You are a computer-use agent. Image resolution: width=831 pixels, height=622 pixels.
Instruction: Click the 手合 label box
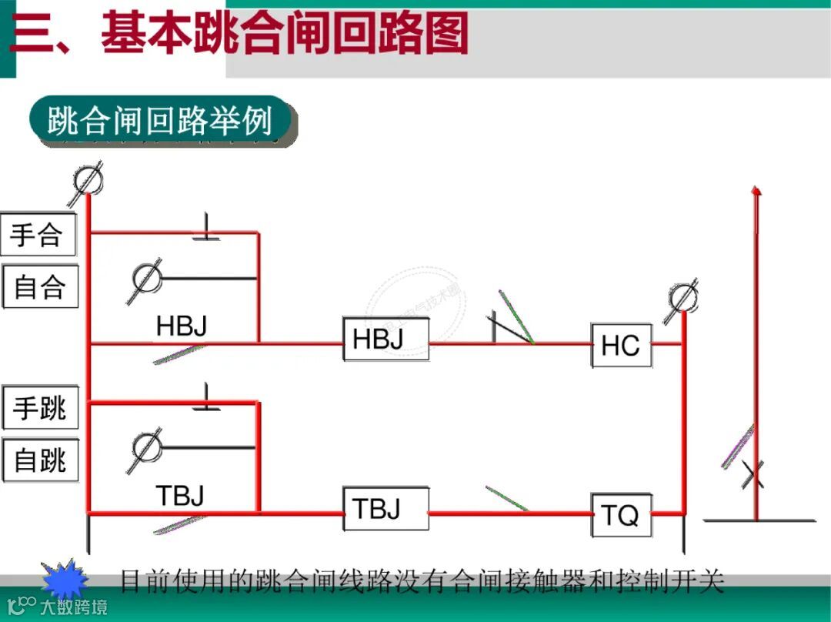click(x=38, y=235)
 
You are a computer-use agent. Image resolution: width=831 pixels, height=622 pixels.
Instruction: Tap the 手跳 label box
click(x=40, y=408)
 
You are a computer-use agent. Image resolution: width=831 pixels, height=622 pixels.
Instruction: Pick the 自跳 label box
click(x=40, y=460)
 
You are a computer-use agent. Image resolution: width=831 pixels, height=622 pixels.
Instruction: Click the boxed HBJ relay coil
click(x=385, y=339)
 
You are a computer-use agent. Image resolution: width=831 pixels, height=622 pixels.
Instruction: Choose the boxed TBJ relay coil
click(x=385, y=508)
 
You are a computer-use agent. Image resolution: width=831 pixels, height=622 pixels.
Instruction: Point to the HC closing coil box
click(x=621, y=346)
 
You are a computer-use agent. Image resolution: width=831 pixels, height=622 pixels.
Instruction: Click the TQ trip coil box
click(x=621, y=515)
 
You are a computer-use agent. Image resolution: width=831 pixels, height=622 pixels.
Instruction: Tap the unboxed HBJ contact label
click(x=182, y=326)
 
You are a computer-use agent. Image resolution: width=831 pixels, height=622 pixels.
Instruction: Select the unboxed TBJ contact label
click(x=180, y=495)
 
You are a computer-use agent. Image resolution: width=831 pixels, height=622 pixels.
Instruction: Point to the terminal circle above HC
click(x=682, y=296)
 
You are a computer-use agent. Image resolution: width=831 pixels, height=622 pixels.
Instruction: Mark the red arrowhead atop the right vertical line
click(x=756, y=189)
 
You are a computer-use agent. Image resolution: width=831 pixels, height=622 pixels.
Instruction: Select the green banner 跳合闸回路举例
click(x=162, y=121)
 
